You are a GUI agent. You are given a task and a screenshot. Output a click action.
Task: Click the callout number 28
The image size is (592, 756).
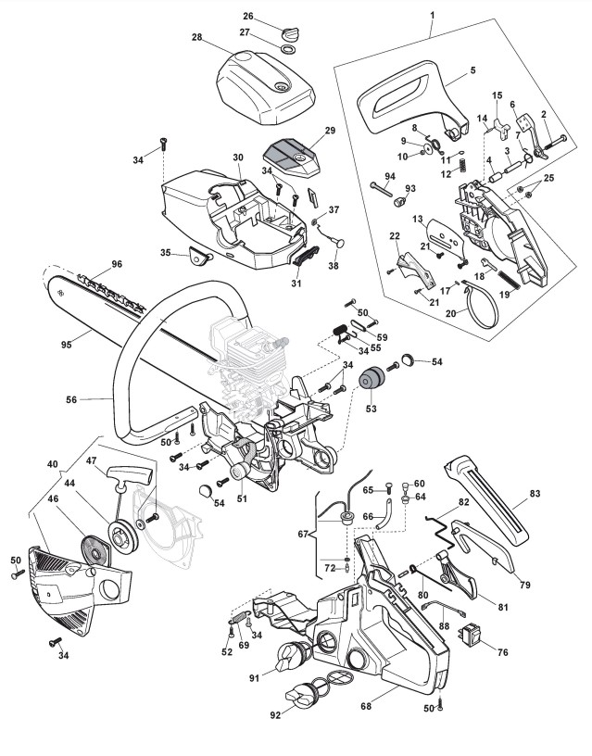coord(196,38)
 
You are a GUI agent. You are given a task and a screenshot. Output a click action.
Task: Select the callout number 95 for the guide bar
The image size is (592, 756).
coord(66,345)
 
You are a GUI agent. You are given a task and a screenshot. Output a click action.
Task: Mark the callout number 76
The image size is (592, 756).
coord(503,652)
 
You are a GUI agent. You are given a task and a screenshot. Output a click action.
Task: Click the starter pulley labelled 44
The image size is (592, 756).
coord(120,536)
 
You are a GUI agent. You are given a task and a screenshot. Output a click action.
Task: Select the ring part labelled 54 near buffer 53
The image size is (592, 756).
coord(408,361)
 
